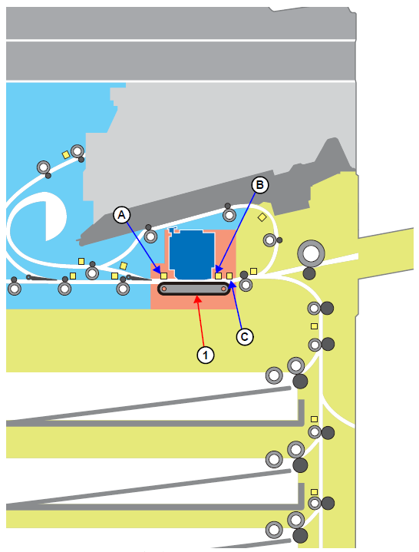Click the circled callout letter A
coord(122,215)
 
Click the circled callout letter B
coord(260,185)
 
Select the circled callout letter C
coord(245,337)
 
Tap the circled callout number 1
coord(206,355)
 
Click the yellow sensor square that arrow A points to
coord(163,276)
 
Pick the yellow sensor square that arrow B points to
coord(219,276)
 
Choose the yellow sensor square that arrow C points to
coord(229,276)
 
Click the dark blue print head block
coord(192,254)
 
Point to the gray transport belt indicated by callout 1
coord(194,289)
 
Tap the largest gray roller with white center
coord(311,253)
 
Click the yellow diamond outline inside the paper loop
coord(262,217)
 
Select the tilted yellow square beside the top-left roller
coord(66,154)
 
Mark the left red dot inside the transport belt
coord(164,289)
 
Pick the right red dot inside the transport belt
coord(224,289)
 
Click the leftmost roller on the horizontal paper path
coord(15,289)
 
